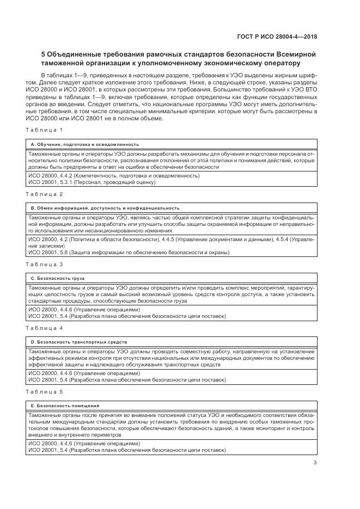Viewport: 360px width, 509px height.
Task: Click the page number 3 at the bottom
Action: [x=315, y=463]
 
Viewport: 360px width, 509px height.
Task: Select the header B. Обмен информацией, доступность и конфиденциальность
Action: [x=105, y=208]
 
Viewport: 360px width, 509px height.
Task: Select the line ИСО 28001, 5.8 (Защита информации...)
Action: [x=129, y=253]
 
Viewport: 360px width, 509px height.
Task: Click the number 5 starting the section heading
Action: [x=44, y=54]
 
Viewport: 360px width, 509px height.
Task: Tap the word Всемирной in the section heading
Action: [x=294, y=54]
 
